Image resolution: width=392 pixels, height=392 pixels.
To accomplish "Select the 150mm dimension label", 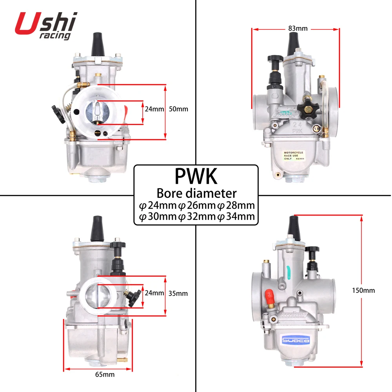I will pos(364,290).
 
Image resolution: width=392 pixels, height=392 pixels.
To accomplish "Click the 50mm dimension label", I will pos(178,109).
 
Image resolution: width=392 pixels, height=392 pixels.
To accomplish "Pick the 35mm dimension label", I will pos(178,293).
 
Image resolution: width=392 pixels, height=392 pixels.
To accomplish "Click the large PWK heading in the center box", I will pos(196,176).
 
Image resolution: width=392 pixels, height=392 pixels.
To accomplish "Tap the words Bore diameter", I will pos(196,193).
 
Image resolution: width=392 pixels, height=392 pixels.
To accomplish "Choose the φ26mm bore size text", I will pos(196,205).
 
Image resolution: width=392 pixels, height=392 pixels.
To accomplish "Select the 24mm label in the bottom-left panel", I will pos(154,293).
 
